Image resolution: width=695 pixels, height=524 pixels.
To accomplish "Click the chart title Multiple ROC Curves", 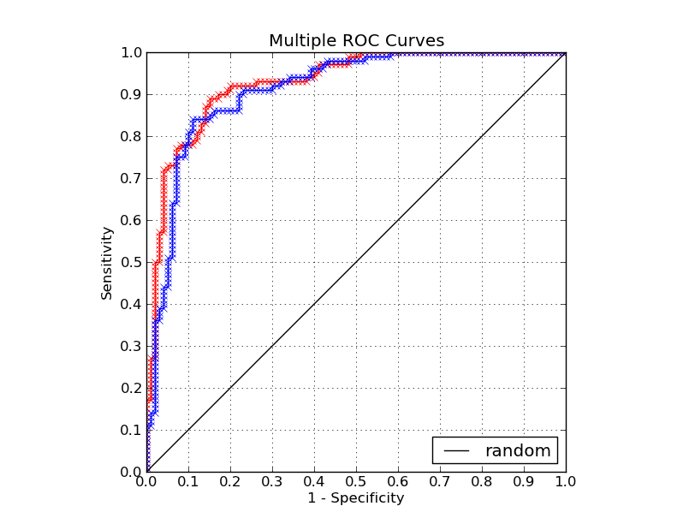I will point(356,41).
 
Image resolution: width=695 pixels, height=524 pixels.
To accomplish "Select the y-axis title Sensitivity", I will point(107,262).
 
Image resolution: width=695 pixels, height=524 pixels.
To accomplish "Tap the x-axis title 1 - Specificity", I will point(356,497).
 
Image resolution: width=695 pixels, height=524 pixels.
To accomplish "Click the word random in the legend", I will point(518,450).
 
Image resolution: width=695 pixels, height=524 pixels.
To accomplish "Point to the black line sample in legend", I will point(457,450).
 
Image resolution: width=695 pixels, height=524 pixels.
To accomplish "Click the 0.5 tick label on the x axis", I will point(356,482).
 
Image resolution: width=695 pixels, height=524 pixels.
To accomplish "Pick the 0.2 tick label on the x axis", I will point(230,482).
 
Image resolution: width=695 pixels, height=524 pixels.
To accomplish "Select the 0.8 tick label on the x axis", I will point(482,482).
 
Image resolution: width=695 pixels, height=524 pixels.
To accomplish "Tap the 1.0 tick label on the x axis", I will point(566,482).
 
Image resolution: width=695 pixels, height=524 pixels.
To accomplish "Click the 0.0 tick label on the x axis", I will point(146,482).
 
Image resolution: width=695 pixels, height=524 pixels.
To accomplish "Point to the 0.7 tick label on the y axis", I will point(130,178).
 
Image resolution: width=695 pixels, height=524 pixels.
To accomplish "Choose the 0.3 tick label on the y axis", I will point(130,346).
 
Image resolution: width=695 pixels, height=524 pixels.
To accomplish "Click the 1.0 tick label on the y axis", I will point(130,52).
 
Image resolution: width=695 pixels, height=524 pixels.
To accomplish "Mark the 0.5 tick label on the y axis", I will point(130,262).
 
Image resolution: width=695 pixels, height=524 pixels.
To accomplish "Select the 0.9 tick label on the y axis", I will point(130,94).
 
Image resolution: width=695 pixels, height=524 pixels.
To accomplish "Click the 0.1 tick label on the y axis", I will point(130,430).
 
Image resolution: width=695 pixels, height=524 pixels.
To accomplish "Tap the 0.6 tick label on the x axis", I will point(398,482).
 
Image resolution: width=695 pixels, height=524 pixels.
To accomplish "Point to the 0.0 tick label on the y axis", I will point(130,472).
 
